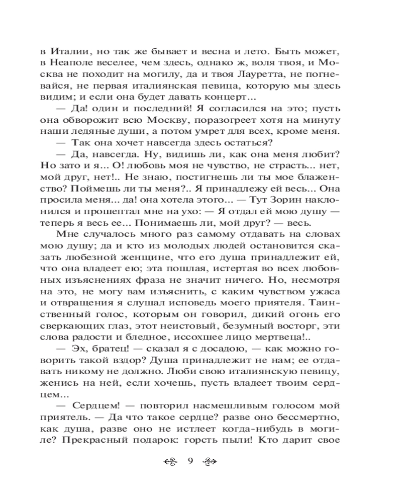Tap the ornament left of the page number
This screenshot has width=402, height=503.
tap(172, 462)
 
